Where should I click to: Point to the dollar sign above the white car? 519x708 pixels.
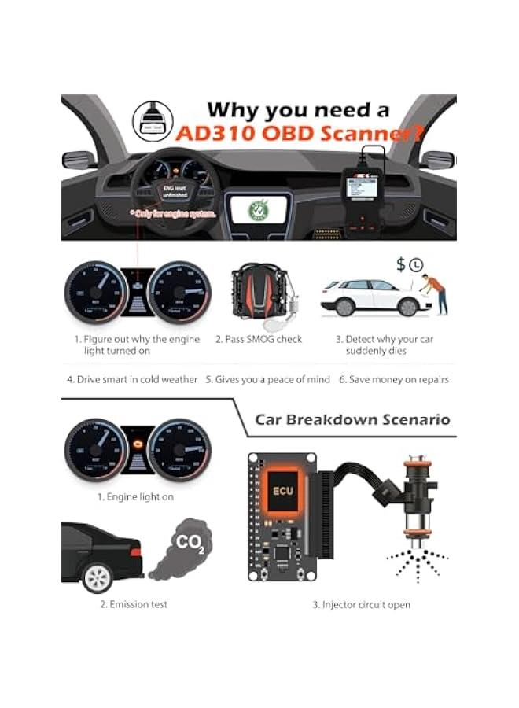(x=401, y=264)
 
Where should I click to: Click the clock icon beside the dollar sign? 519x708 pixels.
(x=416, y=265)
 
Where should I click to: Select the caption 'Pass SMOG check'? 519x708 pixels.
(x=258, y=339)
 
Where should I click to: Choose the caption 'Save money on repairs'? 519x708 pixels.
(x=394, y=379)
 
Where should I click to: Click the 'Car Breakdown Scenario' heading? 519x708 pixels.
(x=352, y=419)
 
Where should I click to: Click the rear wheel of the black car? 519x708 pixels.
(x=97, y=578)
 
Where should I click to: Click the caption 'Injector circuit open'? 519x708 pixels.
(x=361, y=604)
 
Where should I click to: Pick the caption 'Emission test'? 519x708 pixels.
(x=134, y=604)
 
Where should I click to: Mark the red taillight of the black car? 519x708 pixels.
(x=136, y=552)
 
